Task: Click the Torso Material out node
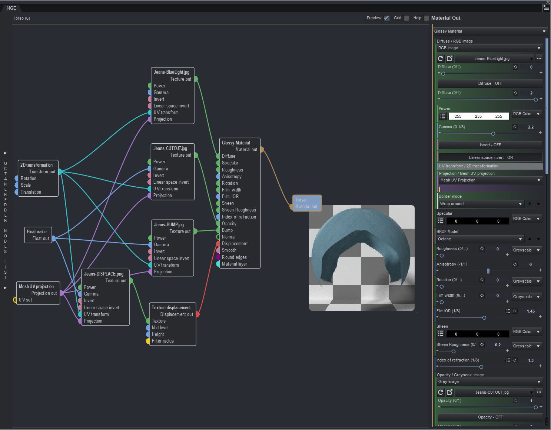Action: point(306,203)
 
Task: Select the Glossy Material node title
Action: point(236,143)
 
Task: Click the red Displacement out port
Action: point(198,314)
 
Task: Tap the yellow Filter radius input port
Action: point(148,341)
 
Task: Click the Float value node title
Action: point(37,231)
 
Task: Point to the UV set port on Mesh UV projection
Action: point(15,300)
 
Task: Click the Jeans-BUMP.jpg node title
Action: point(169,224)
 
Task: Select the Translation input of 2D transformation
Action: point(16,192)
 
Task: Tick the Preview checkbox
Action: point(386,18)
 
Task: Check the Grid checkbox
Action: point(406,18)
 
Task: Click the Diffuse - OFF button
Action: point(490,83)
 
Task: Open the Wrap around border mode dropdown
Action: point(481,204)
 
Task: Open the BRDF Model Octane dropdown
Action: point(481,239)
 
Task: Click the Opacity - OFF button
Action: point(490,417)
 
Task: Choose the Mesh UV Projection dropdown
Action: point(490,180)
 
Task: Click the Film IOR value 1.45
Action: point(531,311)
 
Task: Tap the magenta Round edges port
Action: point(218,257)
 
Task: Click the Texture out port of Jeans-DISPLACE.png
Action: point(131,281)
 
